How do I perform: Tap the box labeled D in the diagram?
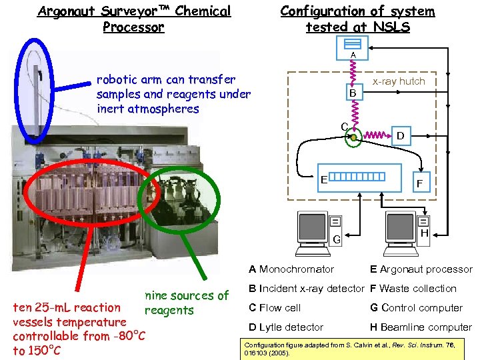point(401,136)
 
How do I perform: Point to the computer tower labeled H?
point(423,227)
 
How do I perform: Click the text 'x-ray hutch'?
point(399,81)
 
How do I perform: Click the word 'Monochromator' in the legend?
point(296,269)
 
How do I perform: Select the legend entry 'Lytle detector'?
point(286,327)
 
